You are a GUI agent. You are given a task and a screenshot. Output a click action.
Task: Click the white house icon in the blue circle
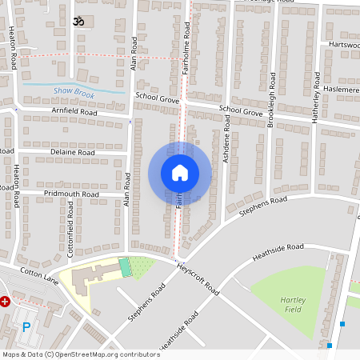[x=180, y=172]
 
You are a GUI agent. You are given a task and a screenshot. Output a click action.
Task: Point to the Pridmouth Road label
[x=71, y=194]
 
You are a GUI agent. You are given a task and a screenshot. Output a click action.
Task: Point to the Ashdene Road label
[x=226, y=138]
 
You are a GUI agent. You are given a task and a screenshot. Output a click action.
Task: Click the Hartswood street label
[x=342, y=45]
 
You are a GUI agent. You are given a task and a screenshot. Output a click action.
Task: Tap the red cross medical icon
[x=5, y=302]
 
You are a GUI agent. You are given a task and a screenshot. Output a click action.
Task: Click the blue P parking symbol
[x=26, y=326]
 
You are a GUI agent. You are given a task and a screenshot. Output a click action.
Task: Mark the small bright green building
[x=124, y=266]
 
